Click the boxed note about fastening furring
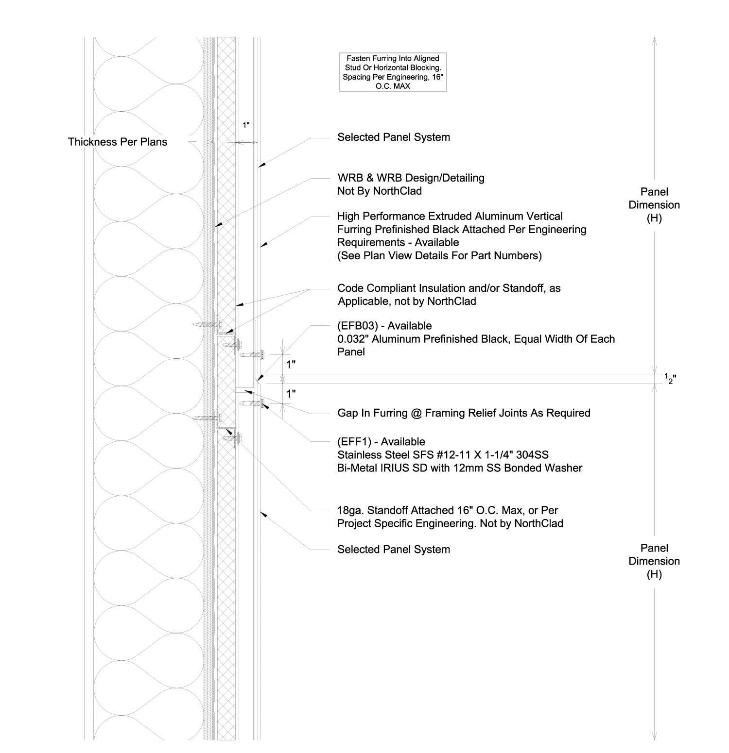pyautogui.click(x=393, y=72)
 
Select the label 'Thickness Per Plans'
pyautogui.click(x=118, y=142)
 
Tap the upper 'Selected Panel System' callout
pyautogui.click(x=394, y=137)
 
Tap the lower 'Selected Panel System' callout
pyautogui.click(x=394, y=550)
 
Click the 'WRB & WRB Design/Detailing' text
pyautogui.click(x=411, y=178)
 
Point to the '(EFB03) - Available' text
pyautogui.click(x=384, y=326)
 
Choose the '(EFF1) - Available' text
pyautogui.click(x=381, y=442)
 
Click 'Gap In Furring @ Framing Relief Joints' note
pyautogui.click(x=464, y=413)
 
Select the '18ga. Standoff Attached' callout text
pyautogui.click(x=447, y=511)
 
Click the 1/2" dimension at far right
pyautogui.click(x=670, y=379)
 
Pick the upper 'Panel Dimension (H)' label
pyautogui.click(x=654, y=205)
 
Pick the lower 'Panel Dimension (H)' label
pyautogui.click(x=654, y=561)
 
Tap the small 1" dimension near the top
pyautogui.click(x=246, y=125)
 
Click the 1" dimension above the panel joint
pyautogui.click(x=291, y=365)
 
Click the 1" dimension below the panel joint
pyautogui.click(x=291, y=394)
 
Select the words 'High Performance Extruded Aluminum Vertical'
pyautogui.click(x=450, y=217)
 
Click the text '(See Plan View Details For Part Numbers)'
pyautogui.click(x=439, y=256)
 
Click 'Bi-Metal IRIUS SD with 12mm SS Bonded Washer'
pyautogui.click(x=460, y=469)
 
